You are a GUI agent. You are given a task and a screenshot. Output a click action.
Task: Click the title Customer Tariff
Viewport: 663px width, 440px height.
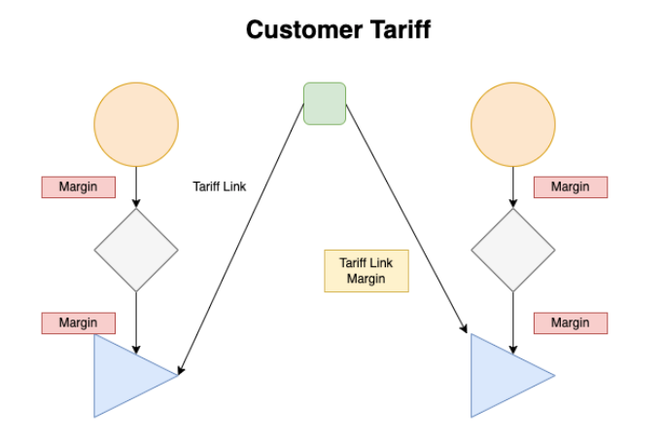(337, 30)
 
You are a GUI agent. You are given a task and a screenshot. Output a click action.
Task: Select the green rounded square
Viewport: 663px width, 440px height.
(325, 104)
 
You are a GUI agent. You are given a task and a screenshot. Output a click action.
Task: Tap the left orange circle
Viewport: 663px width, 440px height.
(136, 125)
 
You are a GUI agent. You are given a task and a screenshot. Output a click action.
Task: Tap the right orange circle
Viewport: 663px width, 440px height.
(513, 125)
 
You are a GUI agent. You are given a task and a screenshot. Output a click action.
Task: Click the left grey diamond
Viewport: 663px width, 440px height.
(136, 250)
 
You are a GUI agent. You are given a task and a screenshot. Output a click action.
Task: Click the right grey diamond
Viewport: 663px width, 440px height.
(513, 250)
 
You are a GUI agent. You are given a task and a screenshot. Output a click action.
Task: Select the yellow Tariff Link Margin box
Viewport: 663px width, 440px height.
(366, 271)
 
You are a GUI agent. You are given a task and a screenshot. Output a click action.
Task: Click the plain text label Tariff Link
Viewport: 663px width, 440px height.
(220, 186)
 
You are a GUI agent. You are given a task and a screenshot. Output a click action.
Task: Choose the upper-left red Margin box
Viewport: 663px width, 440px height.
(78, 186)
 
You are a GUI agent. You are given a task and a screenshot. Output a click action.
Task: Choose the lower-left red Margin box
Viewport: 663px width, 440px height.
(78, 322)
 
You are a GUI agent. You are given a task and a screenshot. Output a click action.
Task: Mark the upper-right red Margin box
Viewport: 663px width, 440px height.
(570, 186)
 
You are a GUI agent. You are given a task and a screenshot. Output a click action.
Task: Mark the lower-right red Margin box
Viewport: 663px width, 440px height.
(570, 322)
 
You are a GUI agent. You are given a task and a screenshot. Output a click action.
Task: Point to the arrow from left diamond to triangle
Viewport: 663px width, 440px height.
(136, 321)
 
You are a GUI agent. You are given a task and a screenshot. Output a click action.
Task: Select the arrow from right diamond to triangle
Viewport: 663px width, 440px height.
(513, 321)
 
